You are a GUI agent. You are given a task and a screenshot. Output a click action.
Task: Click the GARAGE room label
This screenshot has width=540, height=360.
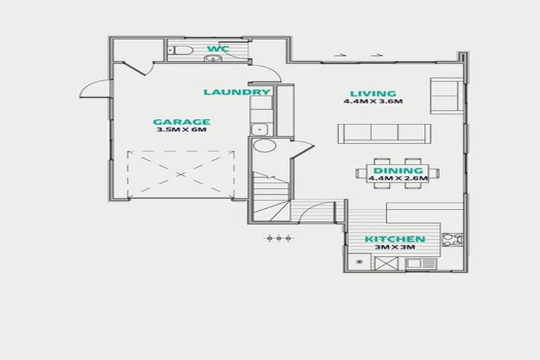point(181,121)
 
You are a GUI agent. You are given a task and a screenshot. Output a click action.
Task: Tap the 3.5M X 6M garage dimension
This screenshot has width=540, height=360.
point(181,130)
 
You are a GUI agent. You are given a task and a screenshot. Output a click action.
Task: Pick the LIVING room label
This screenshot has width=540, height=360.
point(373,94)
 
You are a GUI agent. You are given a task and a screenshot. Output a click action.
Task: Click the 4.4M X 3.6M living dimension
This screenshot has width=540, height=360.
point(373,102)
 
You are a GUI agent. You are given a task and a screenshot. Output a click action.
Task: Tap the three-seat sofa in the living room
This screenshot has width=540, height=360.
point(385,133)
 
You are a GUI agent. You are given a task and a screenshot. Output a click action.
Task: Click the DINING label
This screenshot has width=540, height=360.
point(398,170)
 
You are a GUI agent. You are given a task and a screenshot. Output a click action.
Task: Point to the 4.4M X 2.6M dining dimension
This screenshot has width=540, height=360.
point(398,179)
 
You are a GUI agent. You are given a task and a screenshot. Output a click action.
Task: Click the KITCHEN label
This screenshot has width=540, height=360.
point(394,240)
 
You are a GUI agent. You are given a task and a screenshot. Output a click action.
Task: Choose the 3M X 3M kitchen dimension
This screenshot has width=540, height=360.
point(394,248)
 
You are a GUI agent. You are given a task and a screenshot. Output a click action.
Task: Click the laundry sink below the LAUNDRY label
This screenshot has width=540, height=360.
point(259,129)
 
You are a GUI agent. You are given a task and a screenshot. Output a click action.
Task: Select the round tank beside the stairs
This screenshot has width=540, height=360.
point(264,146)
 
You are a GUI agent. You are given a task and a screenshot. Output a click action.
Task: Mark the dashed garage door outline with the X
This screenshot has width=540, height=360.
point(179,174)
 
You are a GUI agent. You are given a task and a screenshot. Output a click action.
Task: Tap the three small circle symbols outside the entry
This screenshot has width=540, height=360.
point(278,238)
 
